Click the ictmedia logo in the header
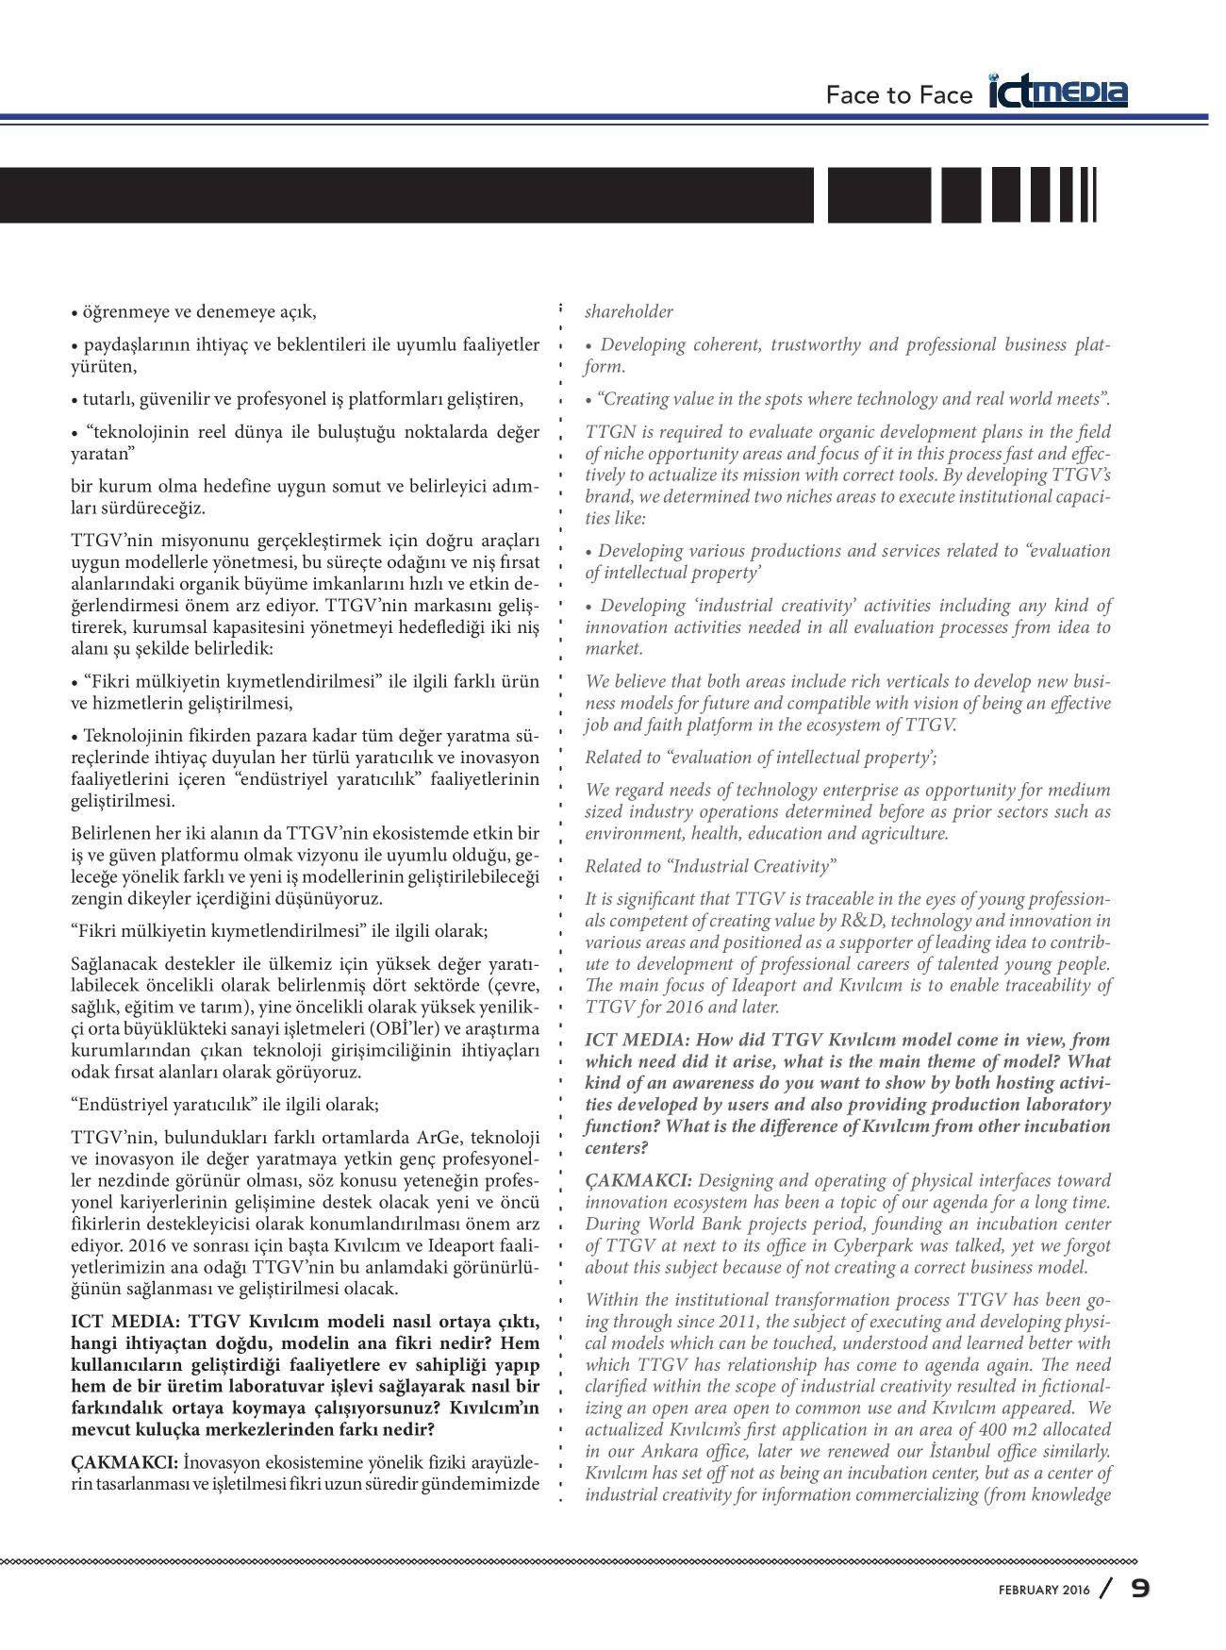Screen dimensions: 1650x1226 tap(1058, 92)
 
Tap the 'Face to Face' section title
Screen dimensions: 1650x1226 tap(898, 95)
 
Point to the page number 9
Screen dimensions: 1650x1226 tap(1140, 1589)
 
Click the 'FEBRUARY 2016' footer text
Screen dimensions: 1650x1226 tap(1044, 1591)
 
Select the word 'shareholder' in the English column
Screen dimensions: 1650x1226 tap(629, 311)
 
